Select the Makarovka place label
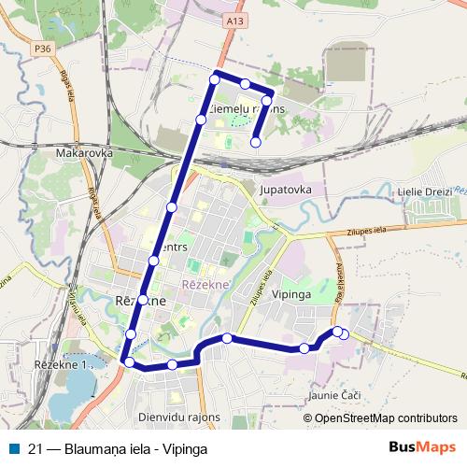pos(84,152)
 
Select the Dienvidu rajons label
pos(178,417)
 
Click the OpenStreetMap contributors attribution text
pos(386,417)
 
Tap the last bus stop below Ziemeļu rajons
pos(256,142)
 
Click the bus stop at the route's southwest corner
pos(129,361)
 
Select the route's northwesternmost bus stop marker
pos(215,79)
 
